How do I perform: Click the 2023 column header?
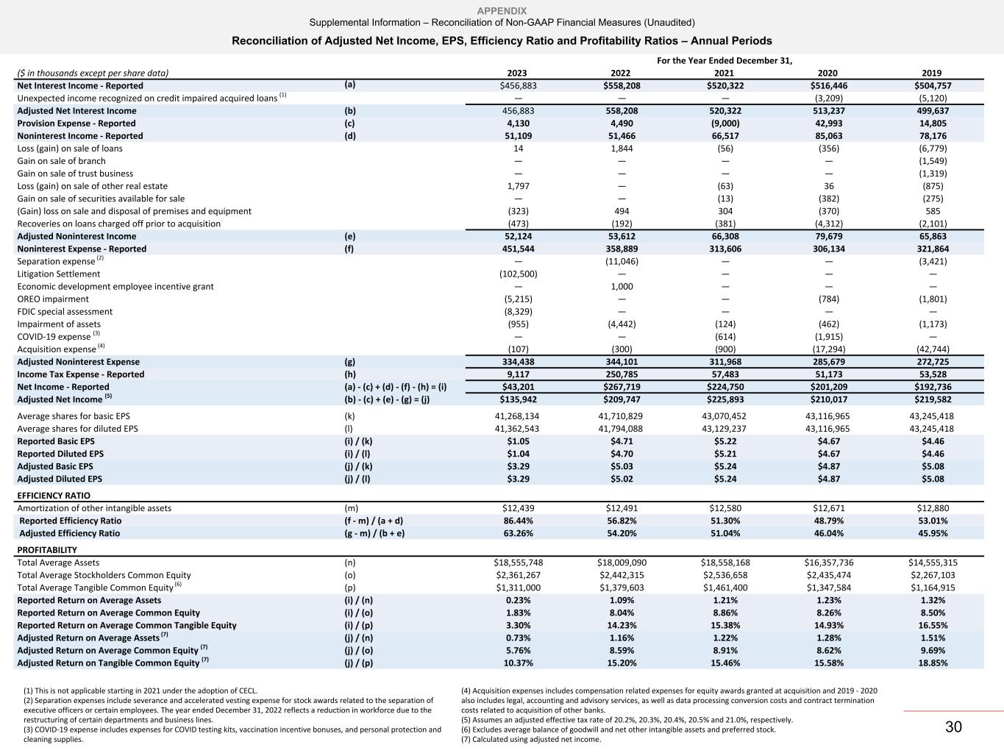pos(518,73)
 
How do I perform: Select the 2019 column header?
pos(931,73)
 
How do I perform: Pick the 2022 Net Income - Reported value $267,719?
pos(622,387)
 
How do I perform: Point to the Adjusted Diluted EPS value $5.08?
pos(931,479)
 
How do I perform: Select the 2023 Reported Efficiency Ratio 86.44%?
pos(518,521)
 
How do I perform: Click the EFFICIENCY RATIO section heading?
pos(53,496)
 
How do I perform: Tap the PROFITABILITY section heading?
pos(47,550)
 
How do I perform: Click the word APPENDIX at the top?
pos(502,11)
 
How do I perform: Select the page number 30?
pos(953,727)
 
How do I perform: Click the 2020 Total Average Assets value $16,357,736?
pos(828,563)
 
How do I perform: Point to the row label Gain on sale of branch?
pos(61,161)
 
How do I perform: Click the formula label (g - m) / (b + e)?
pos(374,533)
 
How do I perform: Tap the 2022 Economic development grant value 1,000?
pos(622,287)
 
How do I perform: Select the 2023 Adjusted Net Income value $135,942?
pos(518,399)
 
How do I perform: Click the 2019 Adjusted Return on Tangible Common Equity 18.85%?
pos(931,663)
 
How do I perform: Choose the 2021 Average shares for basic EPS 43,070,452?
pos(724,416)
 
